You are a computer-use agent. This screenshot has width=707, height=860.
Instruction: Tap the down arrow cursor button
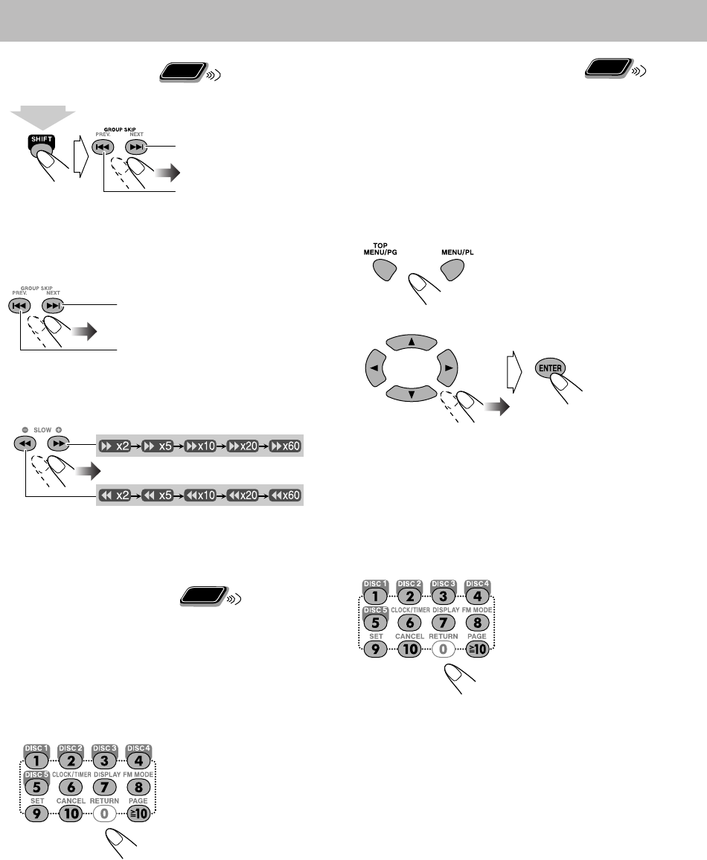412,393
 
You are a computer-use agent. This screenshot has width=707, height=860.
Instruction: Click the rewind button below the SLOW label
25,443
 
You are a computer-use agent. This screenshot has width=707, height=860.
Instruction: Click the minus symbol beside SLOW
25,429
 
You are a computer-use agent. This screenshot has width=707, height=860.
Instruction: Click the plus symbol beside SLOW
58,429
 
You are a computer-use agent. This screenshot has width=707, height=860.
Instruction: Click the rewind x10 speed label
200,495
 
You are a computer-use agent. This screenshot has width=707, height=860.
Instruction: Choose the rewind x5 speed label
158,495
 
